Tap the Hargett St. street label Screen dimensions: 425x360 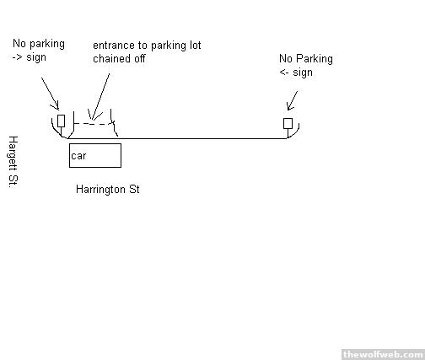click(13, 162)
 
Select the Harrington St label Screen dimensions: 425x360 click(108, 190)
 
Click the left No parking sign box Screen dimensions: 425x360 click(61, 121)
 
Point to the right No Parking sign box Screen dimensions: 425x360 click(288, 123)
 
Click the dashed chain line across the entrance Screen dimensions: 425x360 click(94, 123)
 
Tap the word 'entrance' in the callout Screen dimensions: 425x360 click(113, 46)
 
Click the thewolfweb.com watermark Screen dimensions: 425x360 click(383, 354)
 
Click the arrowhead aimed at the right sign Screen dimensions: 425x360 click(290, 106)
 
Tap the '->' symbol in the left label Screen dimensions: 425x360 click(18, 57)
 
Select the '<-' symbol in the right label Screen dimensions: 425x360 click(284, 73)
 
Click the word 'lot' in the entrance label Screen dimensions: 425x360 click(195, 46)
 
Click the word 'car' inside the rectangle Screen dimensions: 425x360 click(78, 156)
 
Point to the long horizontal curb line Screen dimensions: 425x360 click(177, 138)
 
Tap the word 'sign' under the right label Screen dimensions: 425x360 click(303, 73)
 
